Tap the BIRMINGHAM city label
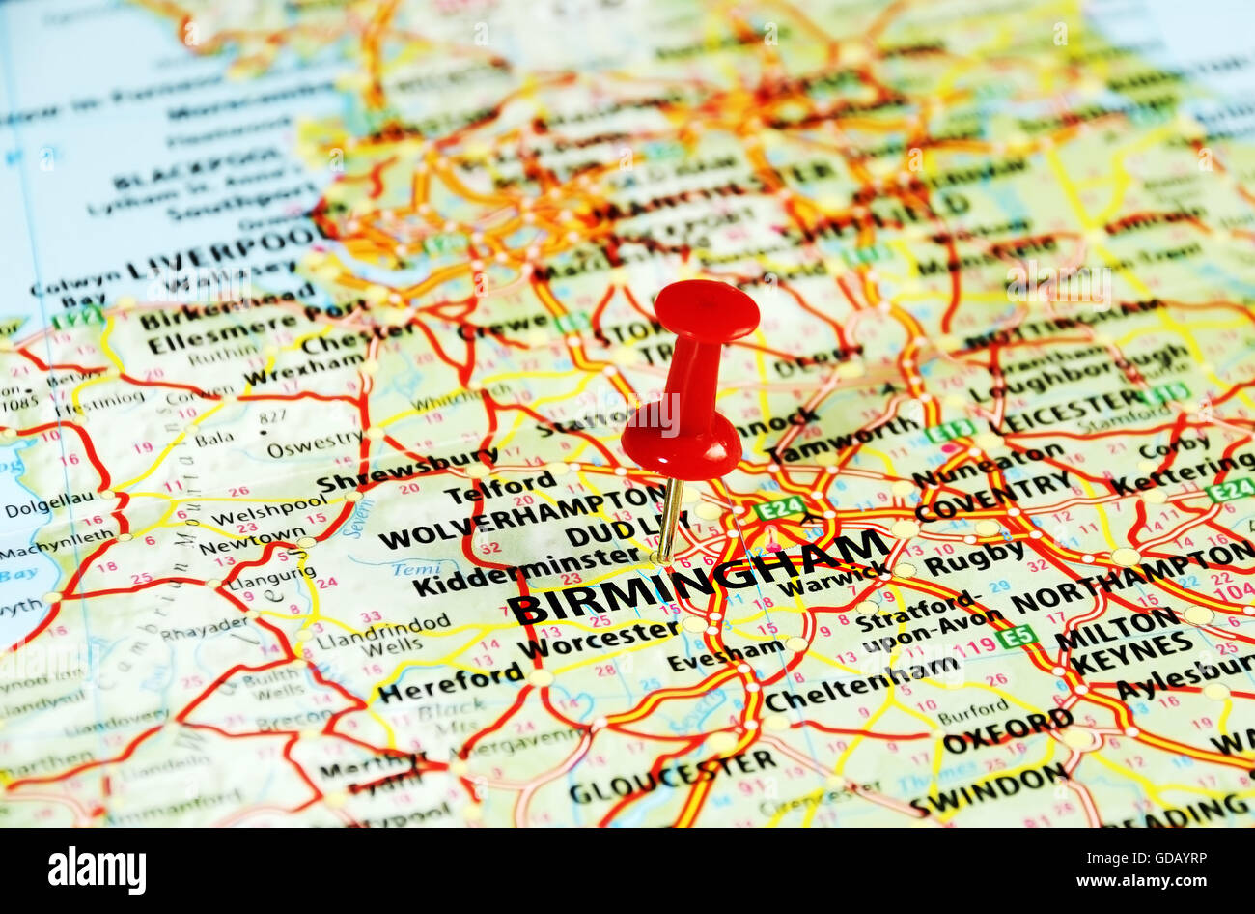pos(697,577)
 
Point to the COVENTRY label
pos(993,496)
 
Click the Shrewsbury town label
pos(405,471)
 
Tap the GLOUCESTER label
pos(672,777)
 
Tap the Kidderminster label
pos(526,572)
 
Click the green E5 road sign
pos(1016,636)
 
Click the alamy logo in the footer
pos(97,871)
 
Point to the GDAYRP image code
pos(1172,857)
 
